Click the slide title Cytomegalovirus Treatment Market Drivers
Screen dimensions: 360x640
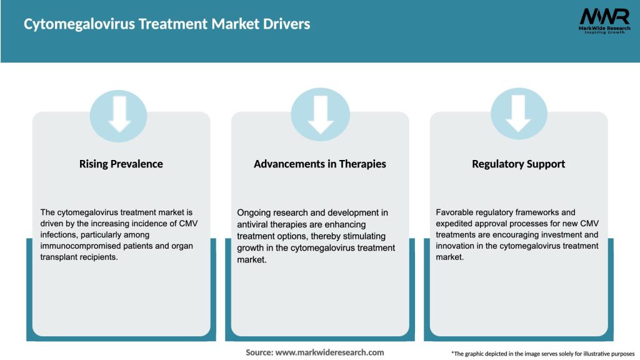[x=167, y=24]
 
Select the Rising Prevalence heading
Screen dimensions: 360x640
[x=121, y=164]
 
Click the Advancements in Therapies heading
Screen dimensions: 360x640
[x=320, y=164]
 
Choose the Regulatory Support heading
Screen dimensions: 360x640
[x=518, y=164]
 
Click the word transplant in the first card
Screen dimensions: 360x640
[x=62, y=257]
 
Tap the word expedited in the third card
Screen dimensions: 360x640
[x=455, y=224]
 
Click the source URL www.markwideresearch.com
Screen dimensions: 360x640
[x=330, y=352]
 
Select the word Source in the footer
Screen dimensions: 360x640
[x=259, y=352]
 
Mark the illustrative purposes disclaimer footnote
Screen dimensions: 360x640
[x=542, y=354]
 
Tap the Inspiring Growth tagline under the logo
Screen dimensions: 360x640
[x=604, y=32]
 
